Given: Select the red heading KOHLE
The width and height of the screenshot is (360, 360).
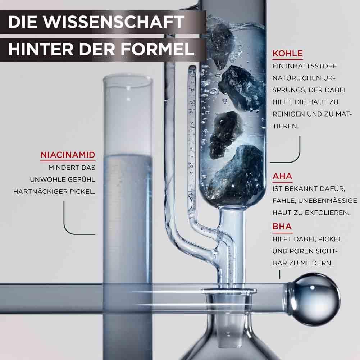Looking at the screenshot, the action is click(x=287, y=53).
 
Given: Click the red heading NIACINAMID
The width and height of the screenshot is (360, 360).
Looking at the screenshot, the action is click(x=68, y=155).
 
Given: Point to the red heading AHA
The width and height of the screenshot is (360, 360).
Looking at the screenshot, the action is click(x=282, y=176).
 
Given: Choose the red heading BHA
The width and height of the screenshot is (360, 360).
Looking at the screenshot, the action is click(x=282, y=226).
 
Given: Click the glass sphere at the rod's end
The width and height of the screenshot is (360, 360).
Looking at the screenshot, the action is click(x=315, y=299).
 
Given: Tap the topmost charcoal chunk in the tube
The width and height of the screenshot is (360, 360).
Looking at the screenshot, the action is click(x=220, y=45).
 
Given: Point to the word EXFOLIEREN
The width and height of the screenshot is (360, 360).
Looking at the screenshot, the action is click(x=325, y=213).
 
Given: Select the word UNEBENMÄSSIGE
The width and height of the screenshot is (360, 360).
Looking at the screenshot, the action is click(x=328, y=201).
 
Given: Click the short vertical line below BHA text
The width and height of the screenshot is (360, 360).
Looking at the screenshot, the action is click(x=280, y=275).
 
